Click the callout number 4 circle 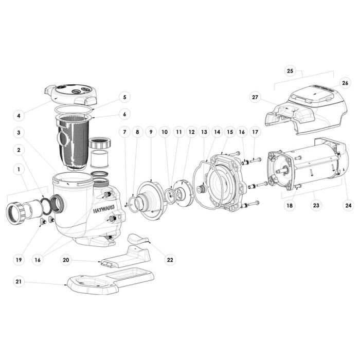click(x=19, y=116)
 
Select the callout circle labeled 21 click(x=19, y=282)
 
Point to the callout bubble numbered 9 click(x=151, y=133)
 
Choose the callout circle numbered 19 click(x=19, y=260)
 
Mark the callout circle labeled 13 click(x=204, y=133)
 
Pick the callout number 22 click(x=170, y=260)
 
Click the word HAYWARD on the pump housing click(x=103, y=210)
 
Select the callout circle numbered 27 click(x=255, y=97)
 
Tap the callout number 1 click(x=19, y=168)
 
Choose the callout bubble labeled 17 click(x=255, y=133)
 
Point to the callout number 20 click(x=66, y=260)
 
